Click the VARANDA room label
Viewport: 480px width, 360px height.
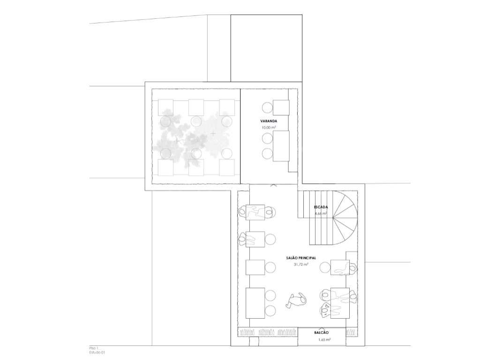click(x=268, y=121)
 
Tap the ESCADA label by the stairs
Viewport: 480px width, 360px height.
click(x=321, y=207)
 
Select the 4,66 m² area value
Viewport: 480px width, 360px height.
click(x=321, y=213)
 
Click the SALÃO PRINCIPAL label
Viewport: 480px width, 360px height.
click(x=300, y=258)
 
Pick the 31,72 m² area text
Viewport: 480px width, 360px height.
click(x=300, y=264)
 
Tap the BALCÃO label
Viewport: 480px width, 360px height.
click(x=322, y=332)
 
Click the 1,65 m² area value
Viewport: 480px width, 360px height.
click(x=322, y=339)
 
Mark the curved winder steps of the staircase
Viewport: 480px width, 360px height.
click(x=345, y=211)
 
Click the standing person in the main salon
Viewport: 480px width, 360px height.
click(x=296, y=300)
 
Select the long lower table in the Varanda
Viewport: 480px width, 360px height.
click(x=281, y=146)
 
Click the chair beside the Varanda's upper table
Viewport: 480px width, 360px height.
click(x=267, y=108)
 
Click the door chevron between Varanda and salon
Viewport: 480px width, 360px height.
click(x=273, y=186)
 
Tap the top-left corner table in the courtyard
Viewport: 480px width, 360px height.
click(x=166, y=107)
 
